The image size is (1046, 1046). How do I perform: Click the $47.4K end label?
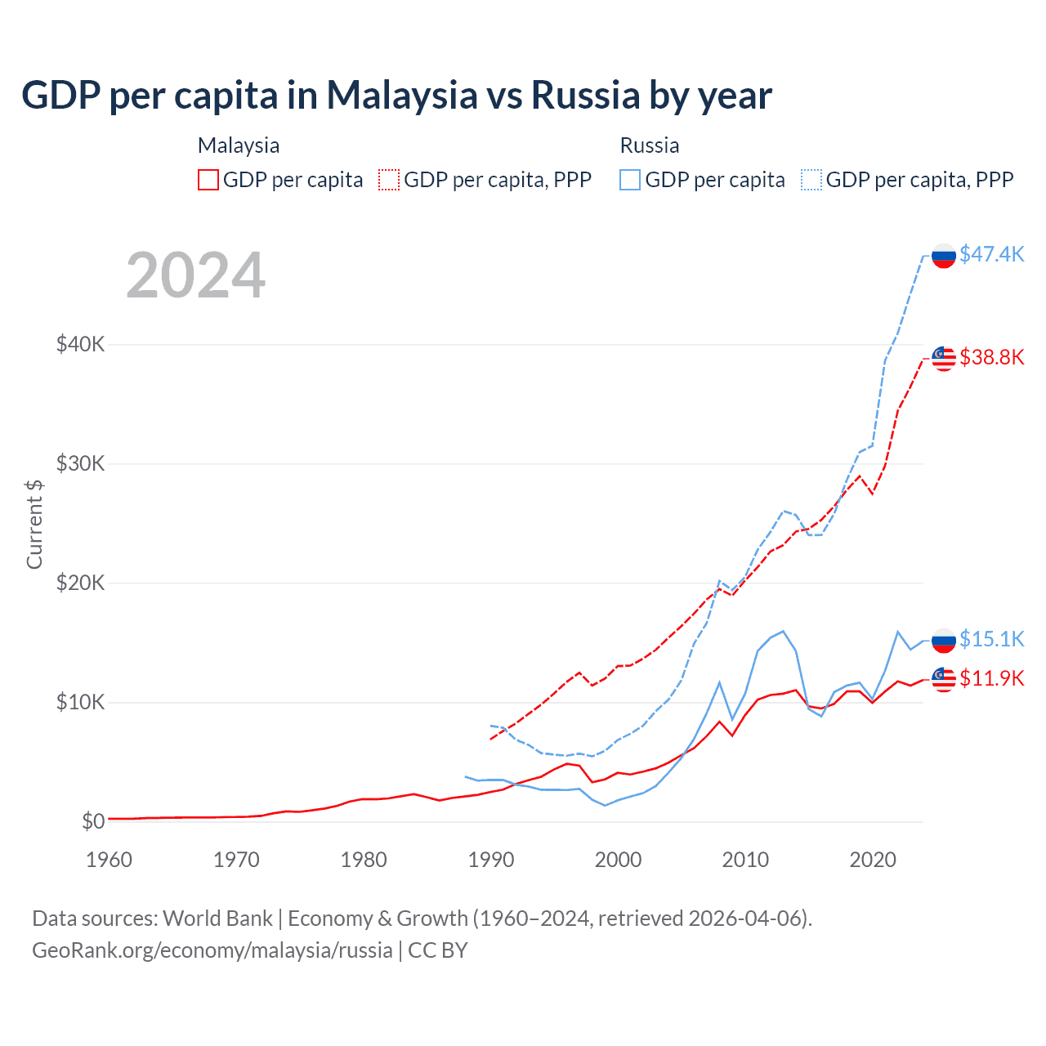[991, 254]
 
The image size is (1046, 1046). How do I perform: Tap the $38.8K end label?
[991, 357]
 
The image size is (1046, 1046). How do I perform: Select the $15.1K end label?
[991, 639]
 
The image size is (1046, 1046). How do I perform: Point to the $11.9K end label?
[991, 678]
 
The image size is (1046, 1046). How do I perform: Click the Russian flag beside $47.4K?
[944, 256]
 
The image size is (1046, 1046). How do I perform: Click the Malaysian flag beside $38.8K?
[944, 358]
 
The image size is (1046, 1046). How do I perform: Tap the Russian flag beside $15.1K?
[944, 641]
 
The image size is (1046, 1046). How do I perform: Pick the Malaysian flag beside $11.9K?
[944, 679]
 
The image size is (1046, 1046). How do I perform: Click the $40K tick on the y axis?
[80, 344]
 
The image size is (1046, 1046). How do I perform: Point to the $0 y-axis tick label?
[93, 821]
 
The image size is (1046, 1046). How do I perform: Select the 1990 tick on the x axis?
[491, 860]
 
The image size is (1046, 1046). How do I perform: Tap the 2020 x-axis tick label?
[873, 860]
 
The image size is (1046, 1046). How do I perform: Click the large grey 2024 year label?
[195, 275]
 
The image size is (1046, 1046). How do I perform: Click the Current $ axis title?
[34, 524]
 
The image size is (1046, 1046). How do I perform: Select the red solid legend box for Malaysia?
[208, 180]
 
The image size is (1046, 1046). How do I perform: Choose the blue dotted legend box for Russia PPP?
[811, 180]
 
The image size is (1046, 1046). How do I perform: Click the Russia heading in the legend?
[650, 145]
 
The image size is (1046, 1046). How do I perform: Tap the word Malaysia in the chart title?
[401, 95]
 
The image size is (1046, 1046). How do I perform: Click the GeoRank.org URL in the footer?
[212, 950]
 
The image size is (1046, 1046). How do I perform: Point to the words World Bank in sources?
[217, 919]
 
